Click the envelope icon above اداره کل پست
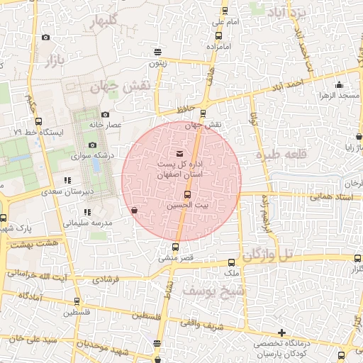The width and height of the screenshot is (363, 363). click(178, 154)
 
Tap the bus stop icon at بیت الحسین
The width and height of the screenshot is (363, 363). click(187, 194)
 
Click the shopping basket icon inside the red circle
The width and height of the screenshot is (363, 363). click(135, 210)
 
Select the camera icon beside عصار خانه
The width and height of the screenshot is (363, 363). click(106, 115)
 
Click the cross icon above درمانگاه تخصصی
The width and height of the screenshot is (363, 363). click(282, 333)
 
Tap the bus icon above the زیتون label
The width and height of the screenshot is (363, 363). click(157, 52)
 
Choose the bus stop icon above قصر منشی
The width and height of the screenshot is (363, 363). click(175, 247)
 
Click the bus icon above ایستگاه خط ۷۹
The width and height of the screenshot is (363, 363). click(39, 121)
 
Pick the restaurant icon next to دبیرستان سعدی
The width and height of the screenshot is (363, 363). click(67, 180)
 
